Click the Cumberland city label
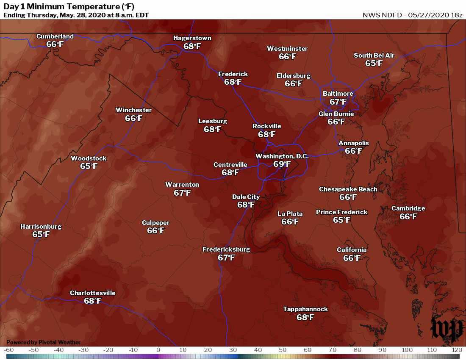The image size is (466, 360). (55, 36)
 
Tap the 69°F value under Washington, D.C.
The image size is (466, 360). (282, 164)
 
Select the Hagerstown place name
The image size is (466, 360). (192, 38)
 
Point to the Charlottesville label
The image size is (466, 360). (92, 293)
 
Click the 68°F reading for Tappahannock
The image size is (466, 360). (305, 317)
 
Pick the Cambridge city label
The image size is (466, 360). (408, 208)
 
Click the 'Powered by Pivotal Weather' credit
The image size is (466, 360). (43, 342)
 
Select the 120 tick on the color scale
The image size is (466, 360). (456, 350)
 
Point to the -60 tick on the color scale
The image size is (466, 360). (9, 350)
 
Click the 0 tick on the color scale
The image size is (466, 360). (158, 350)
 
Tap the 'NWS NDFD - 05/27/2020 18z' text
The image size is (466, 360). (412, 15)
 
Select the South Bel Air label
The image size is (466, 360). (374, 55)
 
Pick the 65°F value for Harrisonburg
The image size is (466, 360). (41, 234)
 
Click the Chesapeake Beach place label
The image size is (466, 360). (348, 189)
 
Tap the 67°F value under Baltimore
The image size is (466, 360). (338, 102)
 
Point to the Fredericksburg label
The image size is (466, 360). (226, 249)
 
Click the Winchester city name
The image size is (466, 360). (133, 110)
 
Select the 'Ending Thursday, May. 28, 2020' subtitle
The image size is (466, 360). (76, 15)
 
